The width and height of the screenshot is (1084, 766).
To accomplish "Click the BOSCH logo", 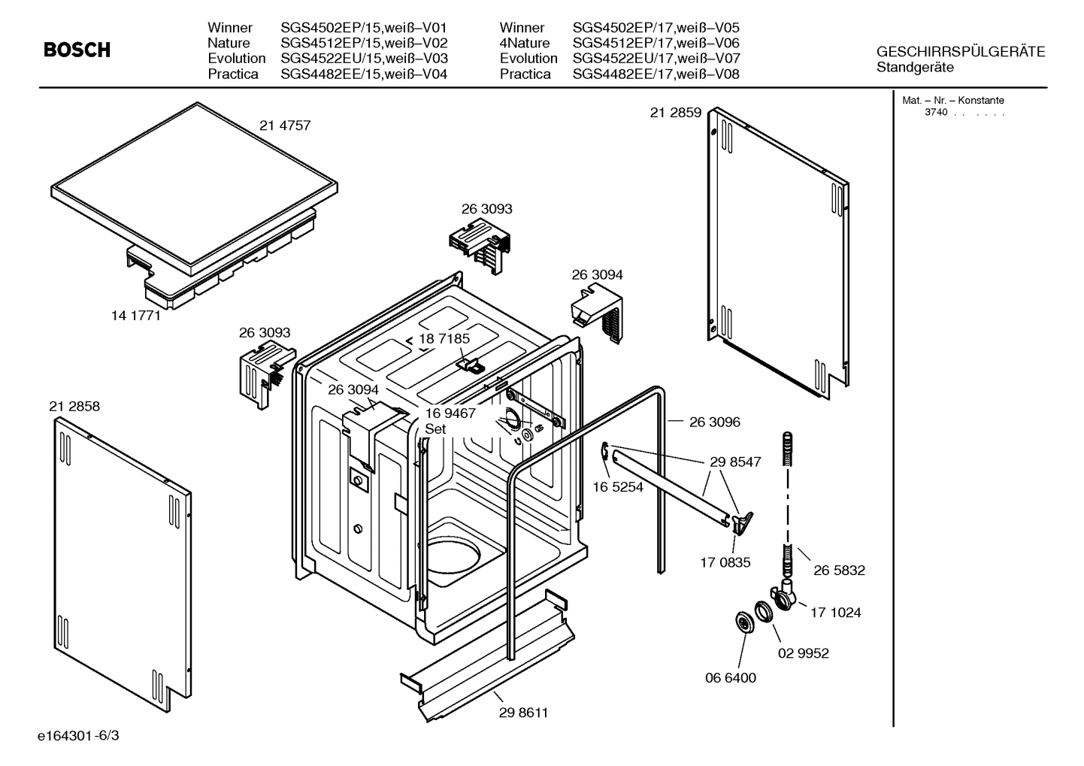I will pyautogui.click(x=77, y=50).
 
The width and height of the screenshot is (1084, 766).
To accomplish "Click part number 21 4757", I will pyautogui.click(x=285, y=126).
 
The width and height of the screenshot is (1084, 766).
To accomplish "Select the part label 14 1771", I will pyautogui.click(x=136, y=316).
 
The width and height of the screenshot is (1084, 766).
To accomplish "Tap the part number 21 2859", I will pyautogui.click(x=676, y=113).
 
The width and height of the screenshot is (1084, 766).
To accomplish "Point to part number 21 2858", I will pyautogui.click(x=74, y=407).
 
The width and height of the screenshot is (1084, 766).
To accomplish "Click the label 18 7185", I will pyautogui.click(x=444, y=339).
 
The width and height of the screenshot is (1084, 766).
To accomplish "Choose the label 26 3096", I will pyautogui.click(x=714, y=422).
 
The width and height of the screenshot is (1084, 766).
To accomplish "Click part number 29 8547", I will pyautogui.click(x=735, y=462).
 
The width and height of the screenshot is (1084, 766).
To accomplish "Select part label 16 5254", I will pyautogui.click(x=618, y=487).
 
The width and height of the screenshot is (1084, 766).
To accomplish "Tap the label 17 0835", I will pyautogui.click(x=725, y=562).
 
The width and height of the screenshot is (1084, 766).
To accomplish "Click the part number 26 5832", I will pyautogui.click(x=839, y=571).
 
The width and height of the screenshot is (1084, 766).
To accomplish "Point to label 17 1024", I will pyautogui.click(x=835, y=613).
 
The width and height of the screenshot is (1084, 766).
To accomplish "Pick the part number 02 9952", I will pyautogui.click(x=803, y=653).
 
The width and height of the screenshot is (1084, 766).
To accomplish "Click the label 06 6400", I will pyautogui.click(x=731, y=678).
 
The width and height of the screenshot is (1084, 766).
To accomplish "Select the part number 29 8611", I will pyautogui.click(x=523, y=713).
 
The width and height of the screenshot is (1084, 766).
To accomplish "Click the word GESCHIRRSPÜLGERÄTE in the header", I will pyautogui.click(x=961, y=52).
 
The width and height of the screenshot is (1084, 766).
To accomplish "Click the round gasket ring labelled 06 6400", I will pyautogui.click(x=743, y=622).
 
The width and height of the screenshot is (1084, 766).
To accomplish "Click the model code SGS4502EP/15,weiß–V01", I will pyautogui.click(x=364, y=28).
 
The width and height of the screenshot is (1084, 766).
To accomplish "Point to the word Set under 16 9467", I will pyautogui.click(x=435, y=429).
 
